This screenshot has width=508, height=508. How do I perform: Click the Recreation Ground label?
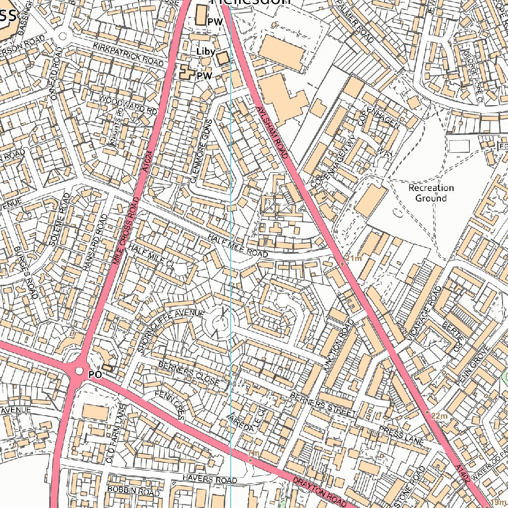pyautogui.click(x=431, y=193)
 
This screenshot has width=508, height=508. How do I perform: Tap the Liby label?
pyautogui.click(x=205, y=52)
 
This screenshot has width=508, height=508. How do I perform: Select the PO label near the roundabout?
pyautogui.click(x=95, y=375)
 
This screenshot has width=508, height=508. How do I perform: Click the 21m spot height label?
pyautogui.click(x=354, y=258)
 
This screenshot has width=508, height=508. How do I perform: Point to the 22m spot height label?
pyautogui.click(x=439, y=416)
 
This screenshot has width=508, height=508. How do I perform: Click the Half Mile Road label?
pyautogui.click(x=238, y=246)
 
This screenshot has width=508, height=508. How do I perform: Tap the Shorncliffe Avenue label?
pyautogui.click(x=171, y=330)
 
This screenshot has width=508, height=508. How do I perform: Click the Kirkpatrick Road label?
pyautogui.click(x=128, y=55)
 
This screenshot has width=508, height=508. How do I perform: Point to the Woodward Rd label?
pyautogui.click(x=128, y=104)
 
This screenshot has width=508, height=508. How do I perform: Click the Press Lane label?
pyautogui.click(x=400, y=435)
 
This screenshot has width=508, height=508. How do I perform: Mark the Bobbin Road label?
pyautogui.click(x=133, y=491)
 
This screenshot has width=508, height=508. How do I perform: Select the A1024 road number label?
pyautogui.click(x=145, y=161)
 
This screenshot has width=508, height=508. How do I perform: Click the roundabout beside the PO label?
pyautogui.click(x=78, y=371)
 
